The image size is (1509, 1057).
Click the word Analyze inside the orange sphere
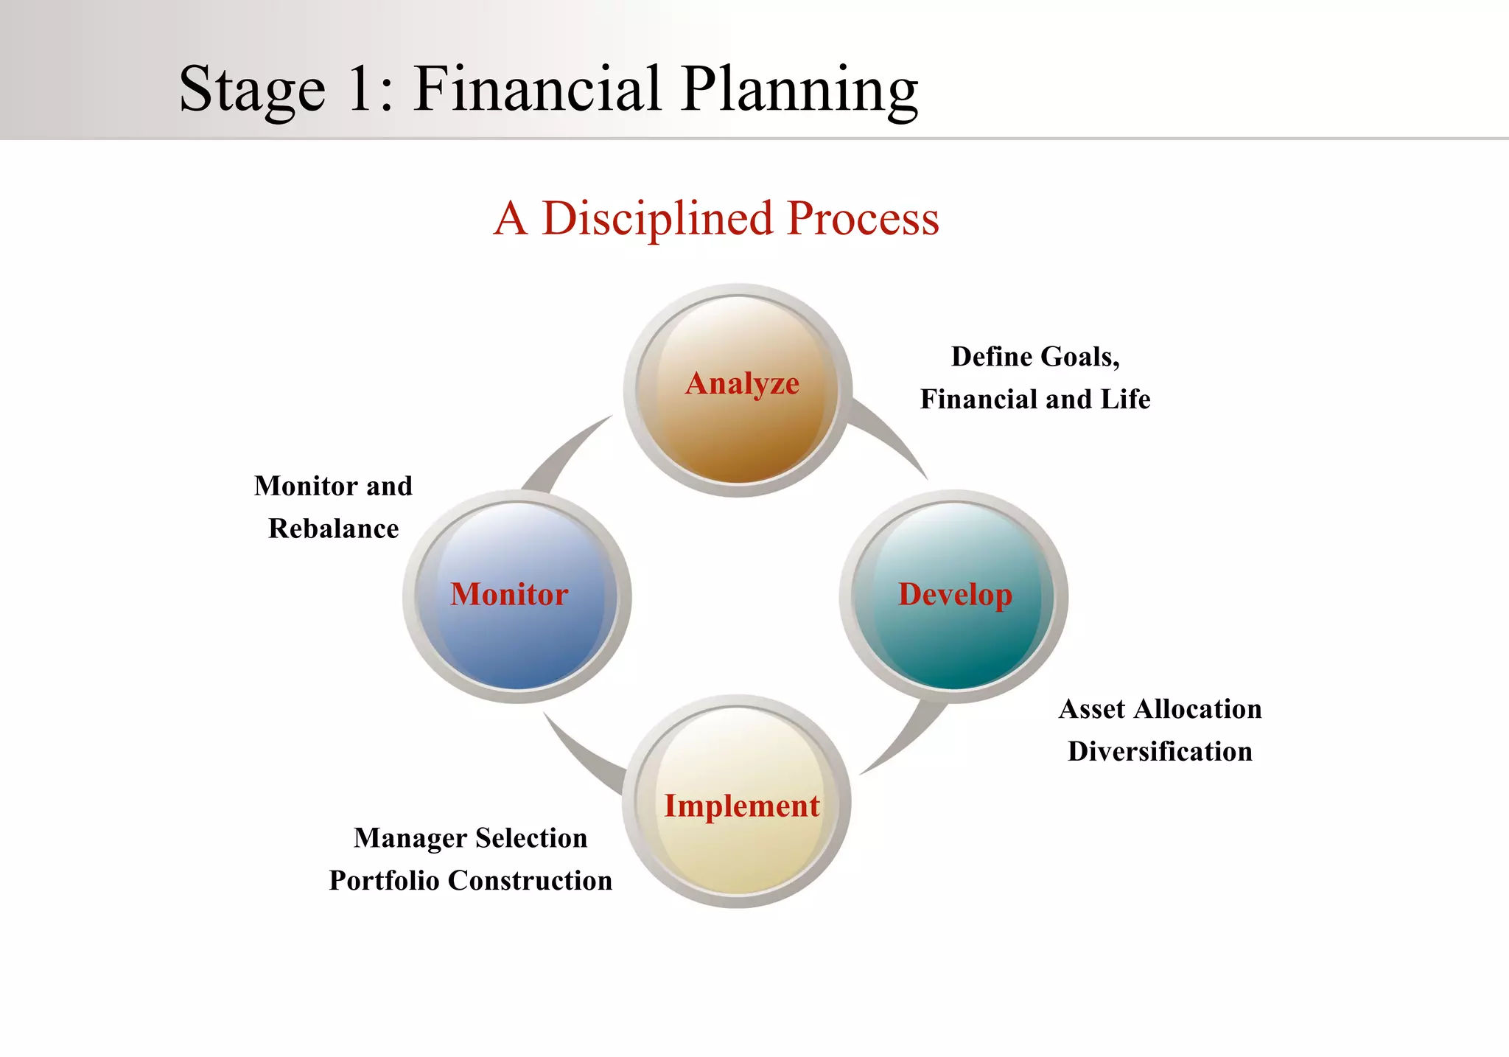coord(742,383)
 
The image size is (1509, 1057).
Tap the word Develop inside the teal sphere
coord(955,594)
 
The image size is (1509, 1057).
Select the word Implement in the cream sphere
coord(742,806)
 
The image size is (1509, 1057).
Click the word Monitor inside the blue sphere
coord(509,594)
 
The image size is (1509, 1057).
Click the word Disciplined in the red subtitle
coord(657,219)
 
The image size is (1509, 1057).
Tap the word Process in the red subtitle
coord(863,219)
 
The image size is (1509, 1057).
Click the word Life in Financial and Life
coord(1125,400)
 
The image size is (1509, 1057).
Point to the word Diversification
coord(1160,751)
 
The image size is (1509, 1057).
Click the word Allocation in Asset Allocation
coord(1198,709)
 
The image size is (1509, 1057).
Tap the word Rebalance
coord(333,528)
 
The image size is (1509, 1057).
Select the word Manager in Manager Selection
coord(410,839)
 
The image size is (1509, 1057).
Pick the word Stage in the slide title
coord(252,91)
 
